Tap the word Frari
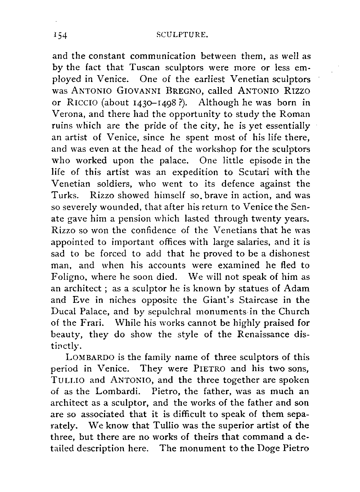point(90,323)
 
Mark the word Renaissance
point(265,334)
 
